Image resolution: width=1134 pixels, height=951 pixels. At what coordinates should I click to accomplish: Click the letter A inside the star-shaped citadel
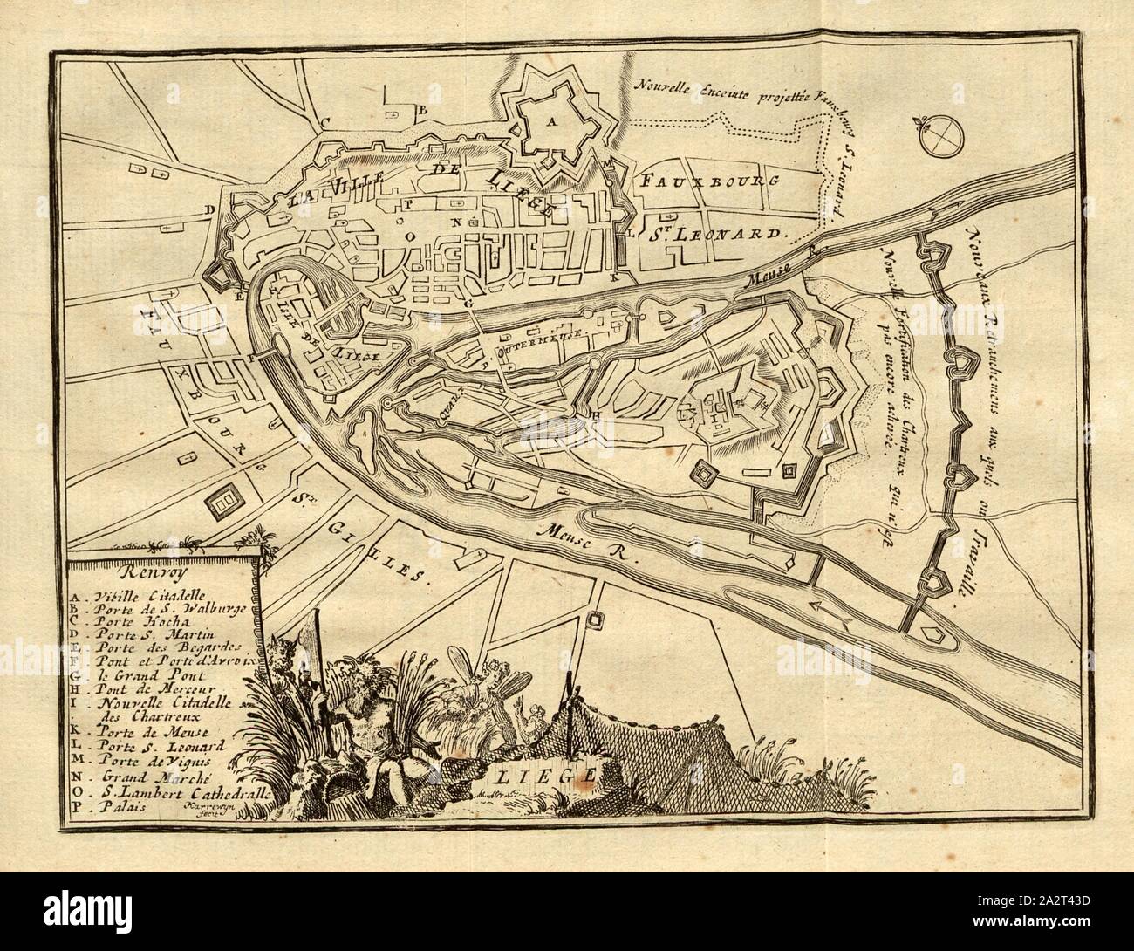pyautogui.click(x=550, y=123)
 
